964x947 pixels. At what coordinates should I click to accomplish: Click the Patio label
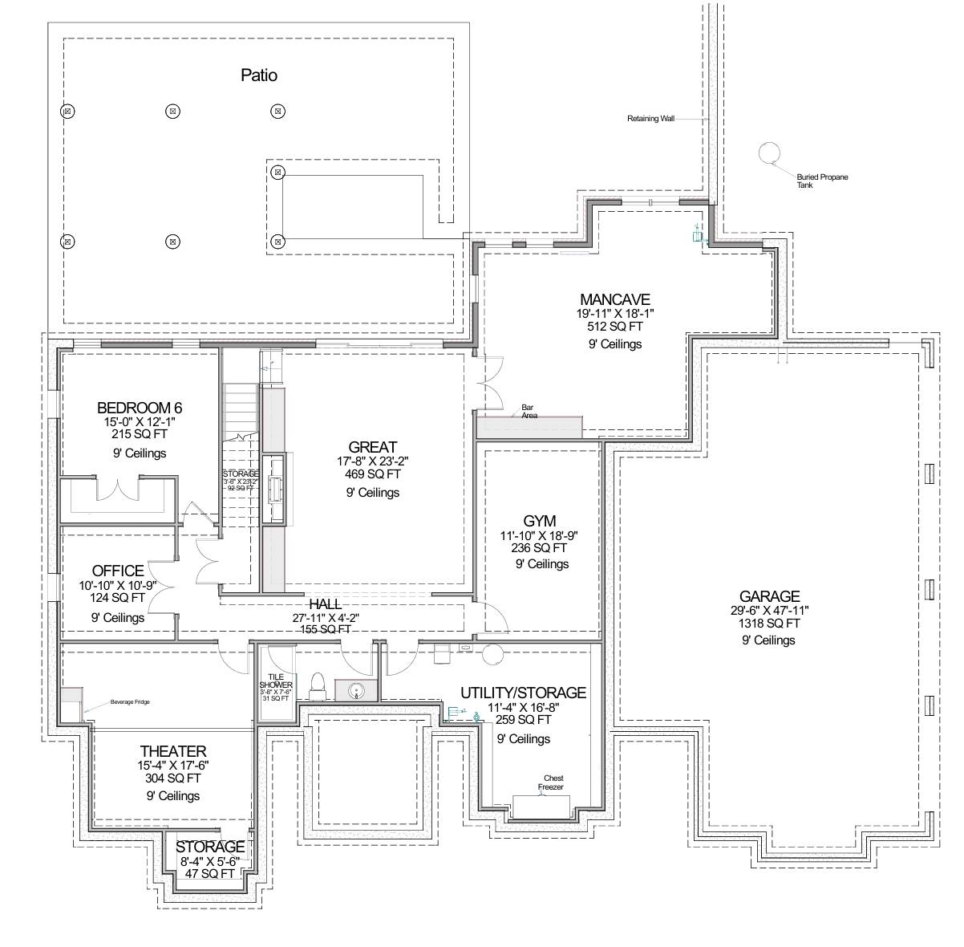(x=259, y=75)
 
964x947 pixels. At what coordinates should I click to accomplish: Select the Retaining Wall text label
(x=650, y=119)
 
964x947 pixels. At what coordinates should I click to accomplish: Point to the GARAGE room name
(x=769, y=596)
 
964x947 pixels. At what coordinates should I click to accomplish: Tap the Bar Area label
(x=529, y=411)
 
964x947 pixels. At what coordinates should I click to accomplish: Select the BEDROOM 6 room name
(x=140, y=407)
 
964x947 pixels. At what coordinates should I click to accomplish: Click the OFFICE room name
(x=118, y=571)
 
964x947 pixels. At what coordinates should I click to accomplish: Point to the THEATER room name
(x=173, y=751)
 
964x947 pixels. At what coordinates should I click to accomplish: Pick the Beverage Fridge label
(x=130, y=702)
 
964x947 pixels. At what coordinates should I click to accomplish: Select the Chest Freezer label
(x=553, y=782)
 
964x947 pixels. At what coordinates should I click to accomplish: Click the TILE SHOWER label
(x=275, y=681)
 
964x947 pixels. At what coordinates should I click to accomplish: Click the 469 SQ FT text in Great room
(x=372, y=474)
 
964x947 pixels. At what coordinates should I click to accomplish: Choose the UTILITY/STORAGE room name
(x=523, y=693)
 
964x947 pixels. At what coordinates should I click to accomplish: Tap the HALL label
(x=325, y=604)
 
